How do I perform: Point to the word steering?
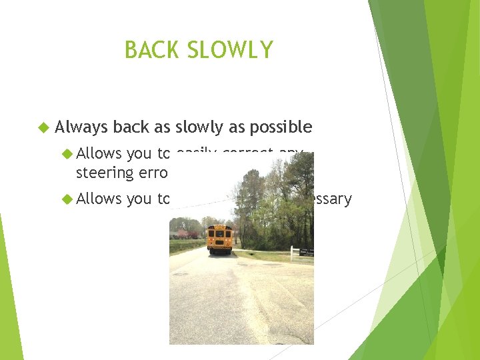click(x=105, y=173)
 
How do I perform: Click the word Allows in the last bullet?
click(x=99, y=199)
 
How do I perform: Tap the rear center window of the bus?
click(x=219, y=234)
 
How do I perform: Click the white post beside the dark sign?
click(x=293, y=252)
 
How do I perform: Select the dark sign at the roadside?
click(x=307, y=252)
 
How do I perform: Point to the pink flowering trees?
click(x=184, y=235)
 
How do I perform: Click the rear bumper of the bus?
click(x=219, y=251)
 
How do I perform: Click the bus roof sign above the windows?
click(x=219, y=227)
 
